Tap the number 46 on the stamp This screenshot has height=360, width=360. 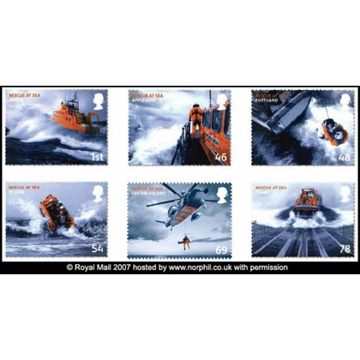coord(222,158)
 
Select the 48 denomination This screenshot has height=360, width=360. coord(344,158)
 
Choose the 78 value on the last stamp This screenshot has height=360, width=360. coord(344,249)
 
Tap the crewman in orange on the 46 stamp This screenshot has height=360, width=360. coord(196,121)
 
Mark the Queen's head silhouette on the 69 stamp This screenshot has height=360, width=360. coord(222,193)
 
